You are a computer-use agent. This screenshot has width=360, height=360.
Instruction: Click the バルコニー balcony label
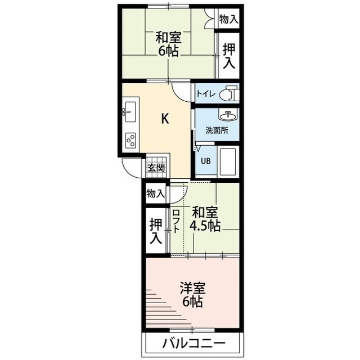[x=195, y=342]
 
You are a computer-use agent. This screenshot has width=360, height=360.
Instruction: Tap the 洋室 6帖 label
[x=192, y=295]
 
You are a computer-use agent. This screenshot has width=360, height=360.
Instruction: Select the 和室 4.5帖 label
[x=205, y=219]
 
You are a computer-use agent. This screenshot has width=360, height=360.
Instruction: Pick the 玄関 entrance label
[x=156, y=167]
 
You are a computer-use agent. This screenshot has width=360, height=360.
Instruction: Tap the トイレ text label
[x=205, y=94]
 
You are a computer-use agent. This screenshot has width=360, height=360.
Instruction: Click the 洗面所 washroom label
[x=216, y=130]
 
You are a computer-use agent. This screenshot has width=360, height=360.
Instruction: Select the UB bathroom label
[x=206, y=161]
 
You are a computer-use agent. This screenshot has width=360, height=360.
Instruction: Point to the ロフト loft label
[x=176, y=221]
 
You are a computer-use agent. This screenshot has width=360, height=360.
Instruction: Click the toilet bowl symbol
[x=228, y=93]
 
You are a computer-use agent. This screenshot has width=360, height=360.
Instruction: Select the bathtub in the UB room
[x=228, y=162]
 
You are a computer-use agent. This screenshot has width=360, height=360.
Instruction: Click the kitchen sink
[x=130, y=112]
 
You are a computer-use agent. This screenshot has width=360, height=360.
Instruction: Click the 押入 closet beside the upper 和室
[x=228, y=55]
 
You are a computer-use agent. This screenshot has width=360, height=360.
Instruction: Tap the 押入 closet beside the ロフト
[x=156, y=230]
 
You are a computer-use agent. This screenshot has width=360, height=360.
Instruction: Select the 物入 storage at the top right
[x=228, y=19]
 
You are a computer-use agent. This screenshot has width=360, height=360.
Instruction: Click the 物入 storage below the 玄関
[x=155, y=194]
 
